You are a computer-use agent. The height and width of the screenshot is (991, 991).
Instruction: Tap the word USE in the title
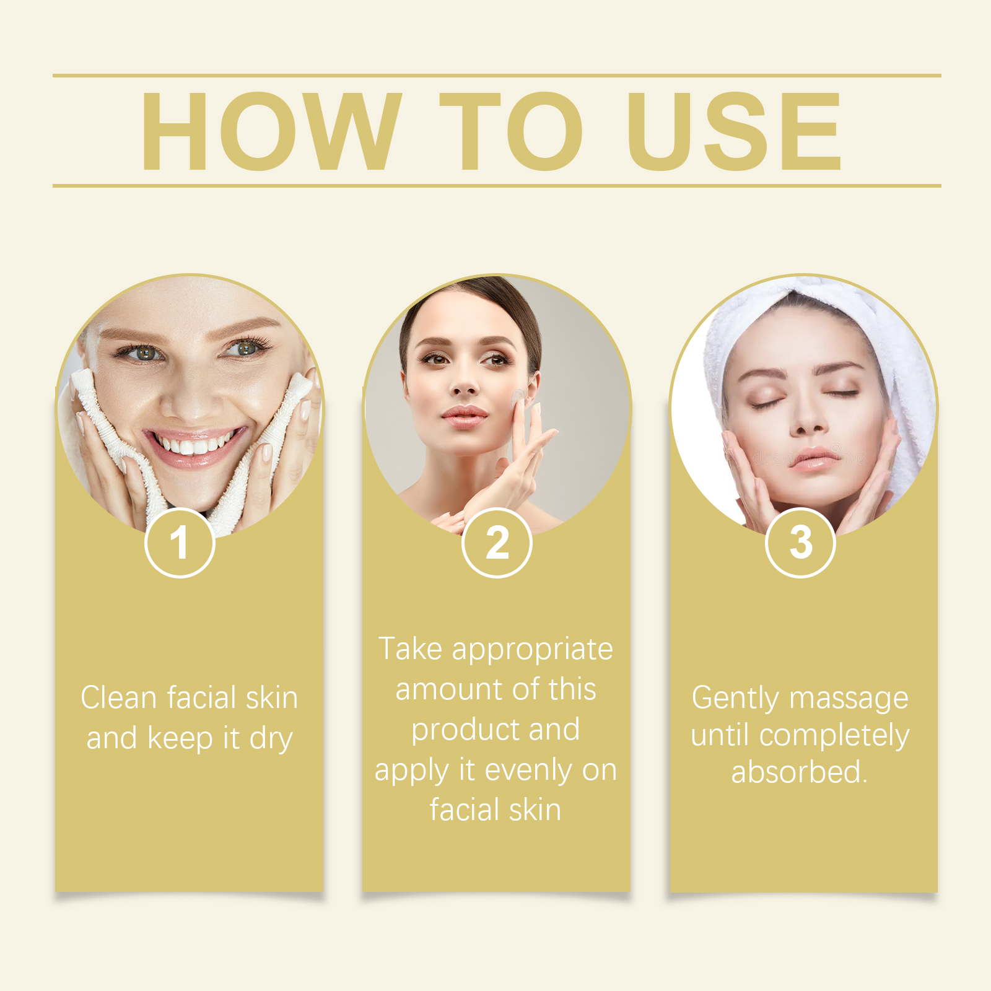(x=734, y=131)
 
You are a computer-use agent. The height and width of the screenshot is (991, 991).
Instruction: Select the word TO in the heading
(x=511, y=131)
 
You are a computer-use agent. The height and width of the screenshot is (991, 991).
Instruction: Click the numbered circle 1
(x=180, y=543)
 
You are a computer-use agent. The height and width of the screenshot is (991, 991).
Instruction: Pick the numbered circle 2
(x=497, y=543)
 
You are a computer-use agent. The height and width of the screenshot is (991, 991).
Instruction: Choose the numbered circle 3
(x=800, y=543)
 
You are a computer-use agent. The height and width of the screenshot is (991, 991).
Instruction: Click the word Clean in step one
(x=118, y=698)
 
